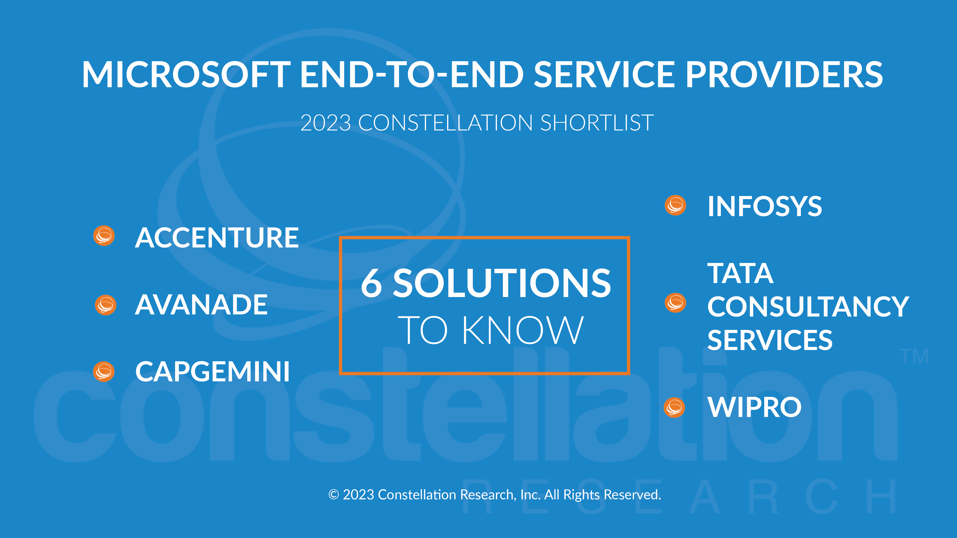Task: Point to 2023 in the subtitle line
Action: pos(325,123)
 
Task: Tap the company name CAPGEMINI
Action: pos(212,372)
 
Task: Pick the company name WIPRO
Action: pos(754,407)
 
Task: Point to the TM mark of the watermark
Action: pos(914,356)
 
